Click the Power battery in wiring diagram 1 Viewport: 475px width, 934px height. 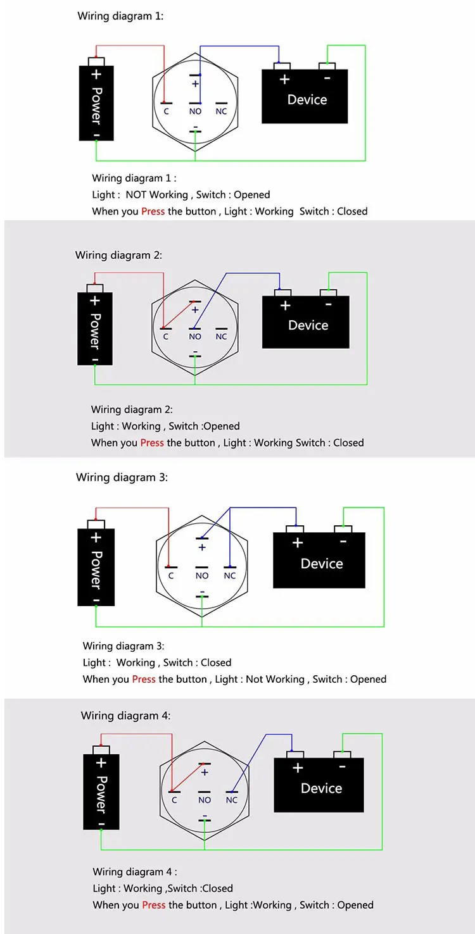96,99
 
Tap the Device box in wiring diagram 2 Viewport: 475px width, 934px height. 305,319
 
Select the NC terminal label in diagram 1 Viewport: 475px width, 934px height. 221,111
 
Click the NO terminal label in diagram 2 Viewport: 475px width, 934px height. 195,337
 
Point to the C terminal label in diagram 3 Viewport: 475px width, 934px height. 171,576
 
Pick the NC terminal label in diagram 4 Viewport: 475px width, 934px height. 232,800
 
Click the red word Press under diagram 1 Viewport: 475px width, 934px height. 153,211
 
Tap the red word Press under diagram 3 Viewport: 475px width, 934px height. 144,679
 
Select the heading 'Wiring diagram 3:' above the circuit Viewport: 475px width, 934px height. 122,477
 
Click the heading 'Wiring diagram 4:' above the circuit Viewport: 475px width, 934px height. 125,716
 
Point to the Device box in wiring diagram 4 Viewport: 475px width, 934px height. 319,781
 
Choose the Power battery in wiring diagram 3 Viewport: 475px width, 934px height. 96,563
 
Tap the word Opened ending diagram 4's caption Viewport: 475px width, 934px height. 355,905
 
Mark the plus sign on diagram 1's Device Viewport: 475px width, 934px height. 284,79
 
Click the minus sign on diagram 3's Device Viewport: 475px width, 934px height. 343,542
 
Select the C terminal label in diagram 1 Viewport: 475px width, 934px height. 166,111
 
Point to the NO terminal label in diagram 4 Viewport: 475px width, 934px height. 205,800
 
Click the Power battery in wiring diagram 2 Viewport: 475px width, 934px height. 95,325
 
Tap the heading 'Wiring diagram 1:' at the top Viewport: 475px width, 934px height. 120,16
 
